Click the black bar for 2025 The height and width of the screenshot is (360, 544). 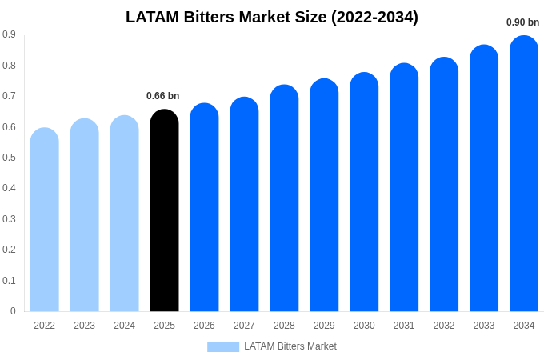click(164, 212)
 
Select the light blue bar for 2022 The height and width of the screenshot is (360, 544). click(45, 221)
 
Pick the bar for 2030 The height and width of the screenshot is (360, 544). click(364, 193)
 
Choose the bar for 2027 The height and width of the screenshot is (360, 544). click(244, 205)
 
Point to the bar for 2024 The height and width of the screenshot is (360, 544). click(124, 214)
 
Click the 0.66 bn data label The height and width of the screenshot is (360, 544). click(163, 96)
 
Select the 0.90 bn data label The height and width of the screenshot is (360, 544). click(522, 22)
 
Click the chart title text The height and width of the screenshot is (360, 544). click(272, 17)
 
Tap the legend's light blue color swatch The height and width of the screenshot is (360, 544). click(223, 347)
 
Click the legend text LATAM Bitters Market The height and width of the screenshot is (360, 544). click(290, 346)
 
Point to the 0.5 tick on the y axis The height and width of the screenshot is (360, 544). click(9, 158)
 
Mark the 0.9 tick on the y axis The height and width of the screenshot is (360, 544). click(9, 34)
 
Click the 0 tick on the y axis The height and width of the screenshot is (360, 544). click(13, 311)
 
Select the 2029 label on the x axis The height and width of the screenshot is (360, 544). click(324, 326)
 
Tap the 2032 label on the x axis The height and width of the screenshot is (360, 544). click(444, 326)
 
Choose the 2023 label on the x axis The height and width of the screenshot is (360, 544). click(84, 326)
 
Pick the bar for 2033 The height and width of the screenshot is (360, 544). click(484, 179)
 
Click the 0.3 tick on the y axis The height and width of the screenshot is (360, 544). click(9, 219)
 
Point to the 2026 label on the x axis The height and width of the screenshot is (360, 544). click(204, 326)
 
